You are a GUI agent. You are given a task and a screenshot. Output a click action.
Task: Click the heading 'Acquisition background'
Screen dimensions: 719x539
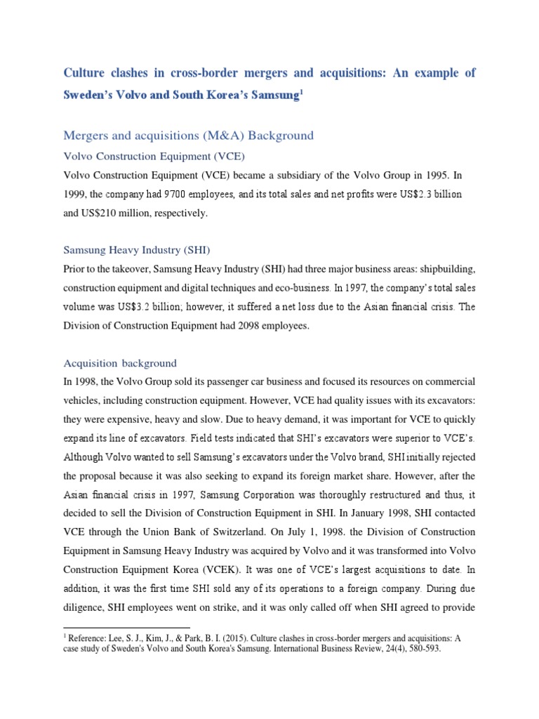tap(120, 363)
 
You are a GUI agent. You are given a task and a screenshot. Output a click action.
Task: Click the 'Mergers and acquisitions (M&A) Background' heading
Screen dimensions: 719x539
tap(189, 135)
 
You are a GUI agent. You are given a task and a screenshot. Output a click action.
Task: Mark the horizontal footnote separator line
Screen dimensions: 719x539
tap(126, 627)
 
